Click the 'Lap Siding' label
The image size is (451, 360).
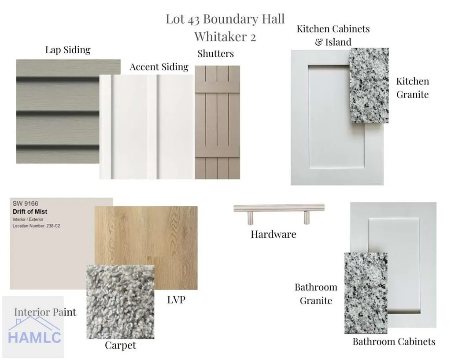68,50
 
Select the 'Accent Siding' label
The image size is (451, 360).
159,67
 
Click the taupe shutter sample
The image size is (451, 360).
217,122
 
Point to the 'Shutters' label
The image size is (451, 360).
215,54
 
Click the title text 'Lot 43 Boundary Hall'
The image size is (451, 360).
225,19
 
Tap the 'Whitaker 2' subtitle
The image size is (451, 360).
225,37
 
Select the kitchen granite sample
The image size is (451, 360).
370,86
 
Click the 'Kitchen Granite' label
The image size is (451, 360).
412,88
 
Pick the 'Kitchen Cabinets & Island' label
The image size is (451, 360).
333,35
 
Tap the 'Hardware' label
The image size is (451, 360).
273,234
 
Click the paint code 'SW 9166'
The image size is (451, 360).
25,204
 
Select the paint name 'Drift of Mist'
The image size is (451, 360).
30,212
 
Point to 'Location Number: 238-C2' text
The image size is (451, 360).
36,226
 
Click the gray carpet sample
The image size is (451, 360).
120,302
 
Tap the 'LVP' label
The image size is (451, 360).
176,300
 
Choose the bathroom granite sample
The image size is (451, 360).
366,293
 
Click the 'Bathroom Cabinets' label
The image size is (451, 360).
394,342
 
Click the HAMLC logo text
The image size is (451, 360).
34,337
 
